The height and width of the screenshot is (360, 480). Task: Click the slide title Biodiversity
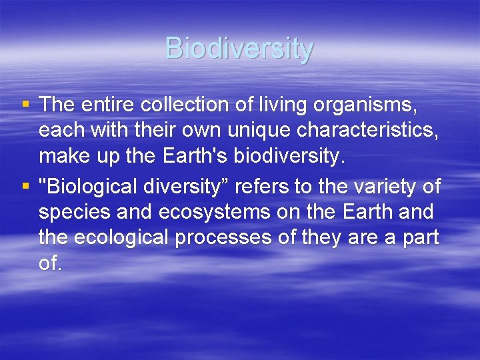(x=239, y=49)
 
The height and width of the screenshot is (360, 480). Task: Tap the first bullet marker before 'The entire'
(x=25, y=104)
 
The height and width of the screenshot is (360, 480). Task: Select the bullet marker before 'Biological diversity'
(x=25, y=187)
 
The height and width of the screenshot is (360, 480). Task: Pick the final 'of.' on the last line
(x=51, y=263)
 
